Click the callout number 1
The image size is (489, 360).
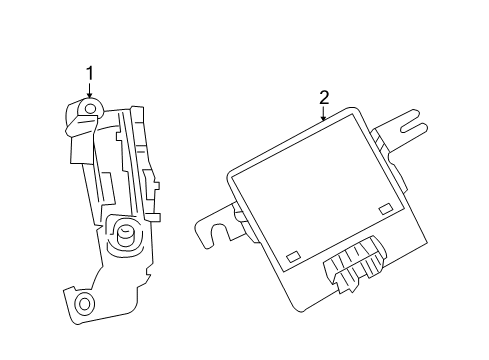click(x=89, y=73)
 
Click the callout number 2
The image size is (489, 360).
click(x=324, y=97)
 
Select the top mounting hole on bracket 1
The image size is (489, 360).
click(x=89, y=108)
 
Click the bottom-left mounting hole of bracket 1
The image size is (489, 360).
click(x=85, y=302)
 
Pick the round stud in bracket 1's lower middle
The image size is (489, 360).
click(x=127, y=236)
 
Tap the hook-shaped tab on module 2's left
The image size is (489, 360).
click(x=214, y=224)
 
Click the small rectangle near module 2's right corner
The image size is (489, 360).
click(x=385, y=209)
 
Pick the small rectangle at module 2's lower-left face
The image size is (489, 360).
click(x=292, y=257)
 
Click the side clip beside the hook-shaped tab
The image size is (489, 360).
click(x=239, y=211)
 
